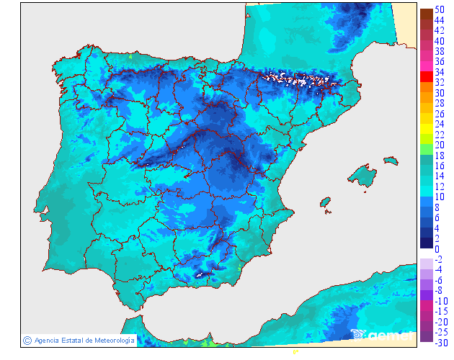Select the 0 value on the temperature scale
click(437, 249)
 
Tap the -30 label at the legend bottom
click(440, 342)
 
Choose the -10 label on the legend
click(440, 300)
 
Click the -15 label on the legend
click(440, 311)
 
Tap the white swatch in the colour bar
click(426, 253)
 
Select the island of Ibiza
click(326, 203)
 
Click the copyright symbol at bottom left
click(27, 340)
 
